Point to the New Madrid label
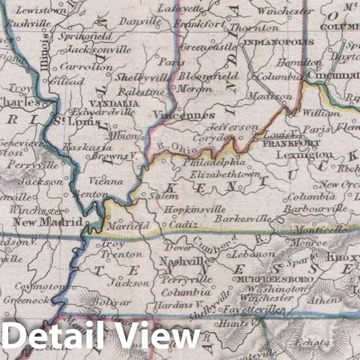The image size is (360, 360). (48, 222)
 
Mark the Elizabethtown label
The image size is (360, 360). (225, 174)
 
